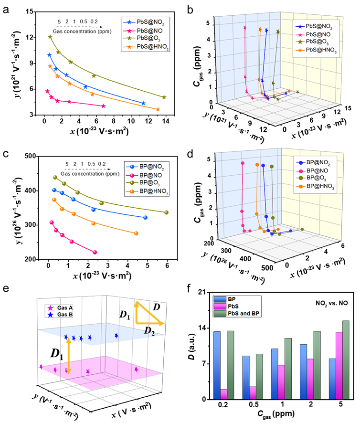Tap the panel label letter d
coord(190,155)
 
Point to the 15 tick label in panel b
coord(348,108)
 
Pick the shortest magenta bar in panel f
coord(223,394)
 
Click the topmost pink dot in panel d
coord(243,163)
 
